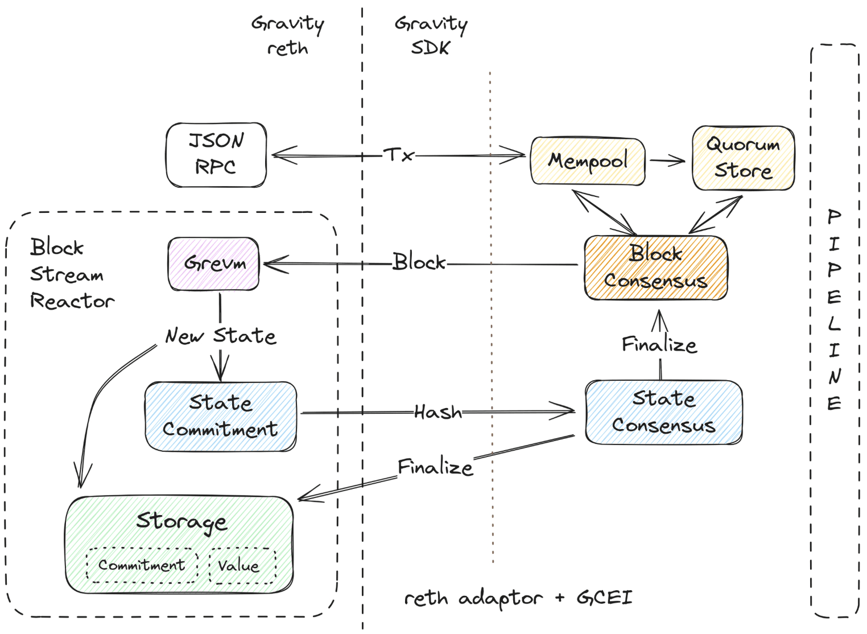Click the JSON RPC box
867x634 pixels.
[x=216, y=155]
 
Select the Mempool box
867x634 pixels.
[x=588, y=161]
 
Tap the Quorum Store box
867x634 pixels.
[x=743, y=158]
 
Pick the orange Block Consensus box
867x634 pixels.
[x=655, y=267]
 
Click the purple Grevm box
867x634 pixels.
[x=214, y=264]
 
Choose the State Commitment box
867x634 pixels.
[x=221, y=417]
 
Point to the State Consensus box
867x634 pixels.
[x=663, y=412]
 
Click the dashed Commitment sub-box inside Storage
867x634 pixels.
[x=142, y=565]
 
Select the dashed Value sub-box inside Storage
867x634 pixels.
[x=242, y=566]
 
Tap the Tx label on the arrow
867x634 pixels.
[x=398, y=154]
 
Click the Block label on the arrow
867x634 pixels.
[x=419, y=262]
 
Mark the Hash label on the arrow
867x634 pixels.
[x=437, y=411]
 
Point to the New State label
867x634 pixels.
[x=221, y=336]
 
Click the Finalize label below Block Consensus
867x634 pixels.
[x=659, y=344]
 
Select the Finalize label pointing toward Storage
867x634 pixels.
[x=435, y=467]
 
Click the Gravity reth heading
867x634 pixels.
[x=288, y=35]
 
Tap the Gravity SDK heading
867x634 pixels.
[x=431, y=35]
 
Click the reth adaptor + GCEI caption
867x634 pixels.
[x=518, y=598]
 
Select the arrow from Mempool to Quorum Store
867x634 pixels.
[x=668, y=161]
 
